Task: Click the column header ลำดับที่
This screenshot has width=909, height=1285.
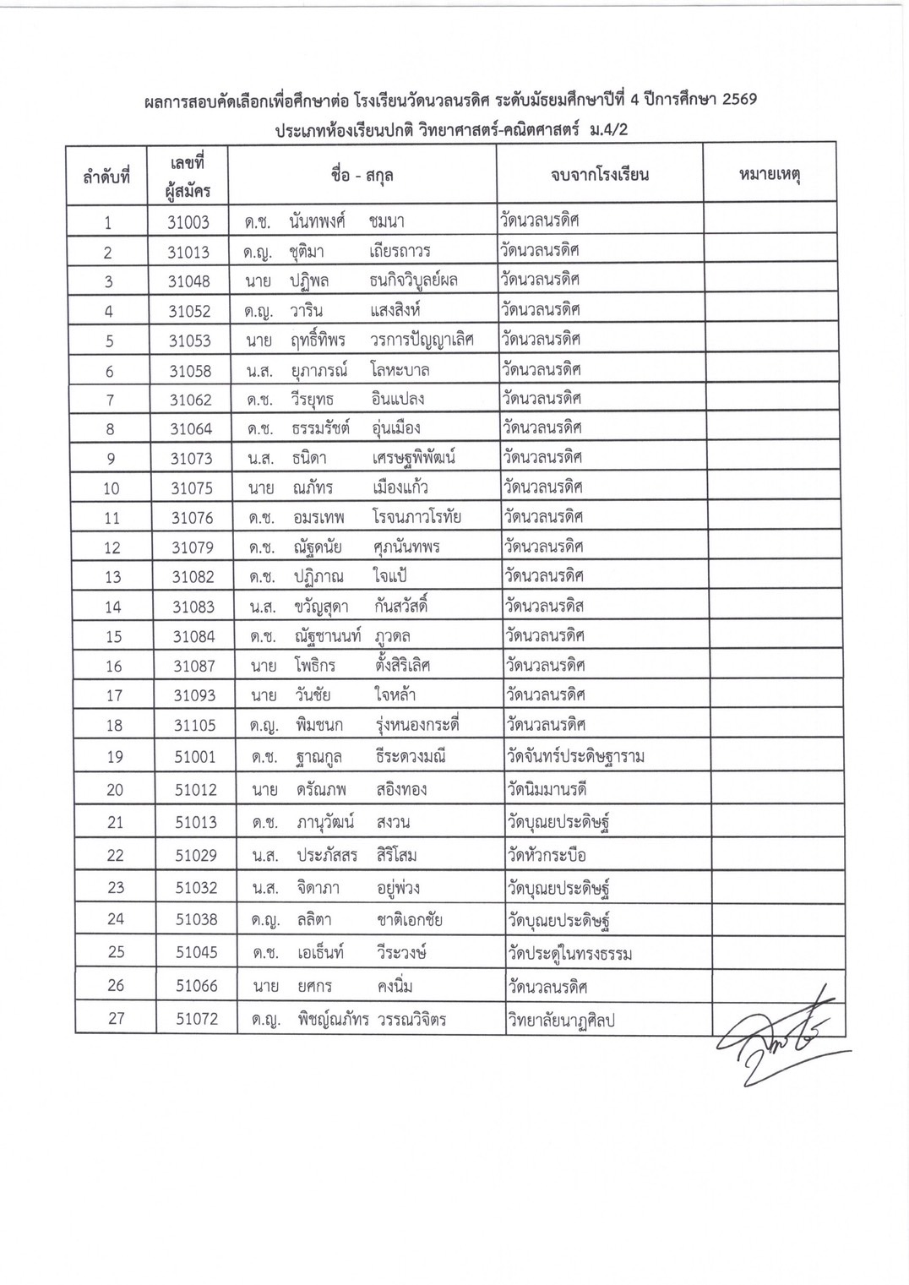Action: pyautogui.click(x=106, y=177)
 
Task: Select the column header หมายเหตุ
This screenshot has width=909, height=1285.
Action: pyautogui.click(x=769, y=175)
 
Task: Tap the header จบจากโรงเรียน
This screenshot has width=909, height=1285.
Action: pyautogui.click(x=599, y=175)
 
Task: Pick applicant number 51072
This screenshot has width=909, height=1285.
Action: pyautogui.click(x=196, y=1019)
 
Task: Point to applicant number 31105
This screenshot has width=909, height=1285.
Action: pyautogui.click(x=194, y=725)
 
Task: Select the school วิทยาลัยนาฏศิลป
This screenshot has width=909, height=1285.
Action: pyautogui.click(x=561, y=1020)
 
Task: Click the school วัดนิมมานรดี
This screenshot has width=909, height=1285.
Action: pyautogui.click(x=547, y=789)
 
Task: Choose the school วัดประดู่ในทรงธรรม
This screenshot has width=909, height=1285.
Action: pyautogui.click(x=570, y=954)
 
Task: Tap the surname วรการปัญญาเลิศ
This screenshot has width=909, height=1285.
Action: pyautogui.click(x=422, y=340)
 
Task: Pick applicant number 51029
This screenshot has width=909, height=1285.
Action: pyautogui.click(x=196, y=855)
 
